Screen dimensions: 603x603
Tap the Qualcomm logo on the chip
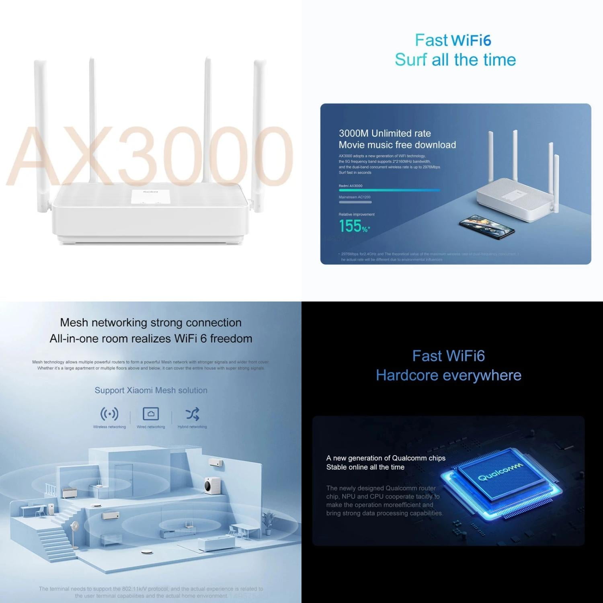tap(500, 472)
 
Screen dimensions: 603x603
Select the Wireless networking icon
tap(109, 414)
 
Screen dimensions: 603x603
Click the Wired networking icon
tap(151, 414)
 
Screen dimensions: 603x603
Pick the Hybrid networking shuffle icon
tap(192, 414)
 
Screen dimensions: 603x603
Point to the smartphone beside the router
tap(487, 228)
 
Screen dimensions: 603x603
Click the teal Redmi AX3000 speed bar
tap(389, 190)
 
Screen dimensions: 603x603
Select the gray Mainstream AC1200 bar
tap(355, 202)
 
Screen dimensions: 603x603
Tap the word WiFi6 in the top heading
tap(471, 41)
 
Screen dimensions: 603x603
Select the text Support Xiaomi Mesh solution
tap(151, 390)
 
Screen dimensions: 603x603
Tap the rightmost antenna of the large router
tap(260, 133)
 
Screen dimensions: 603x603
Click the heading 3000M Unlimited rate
tap(384, 133)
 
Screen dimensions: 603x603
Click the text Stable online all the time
tap(365, 467)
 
